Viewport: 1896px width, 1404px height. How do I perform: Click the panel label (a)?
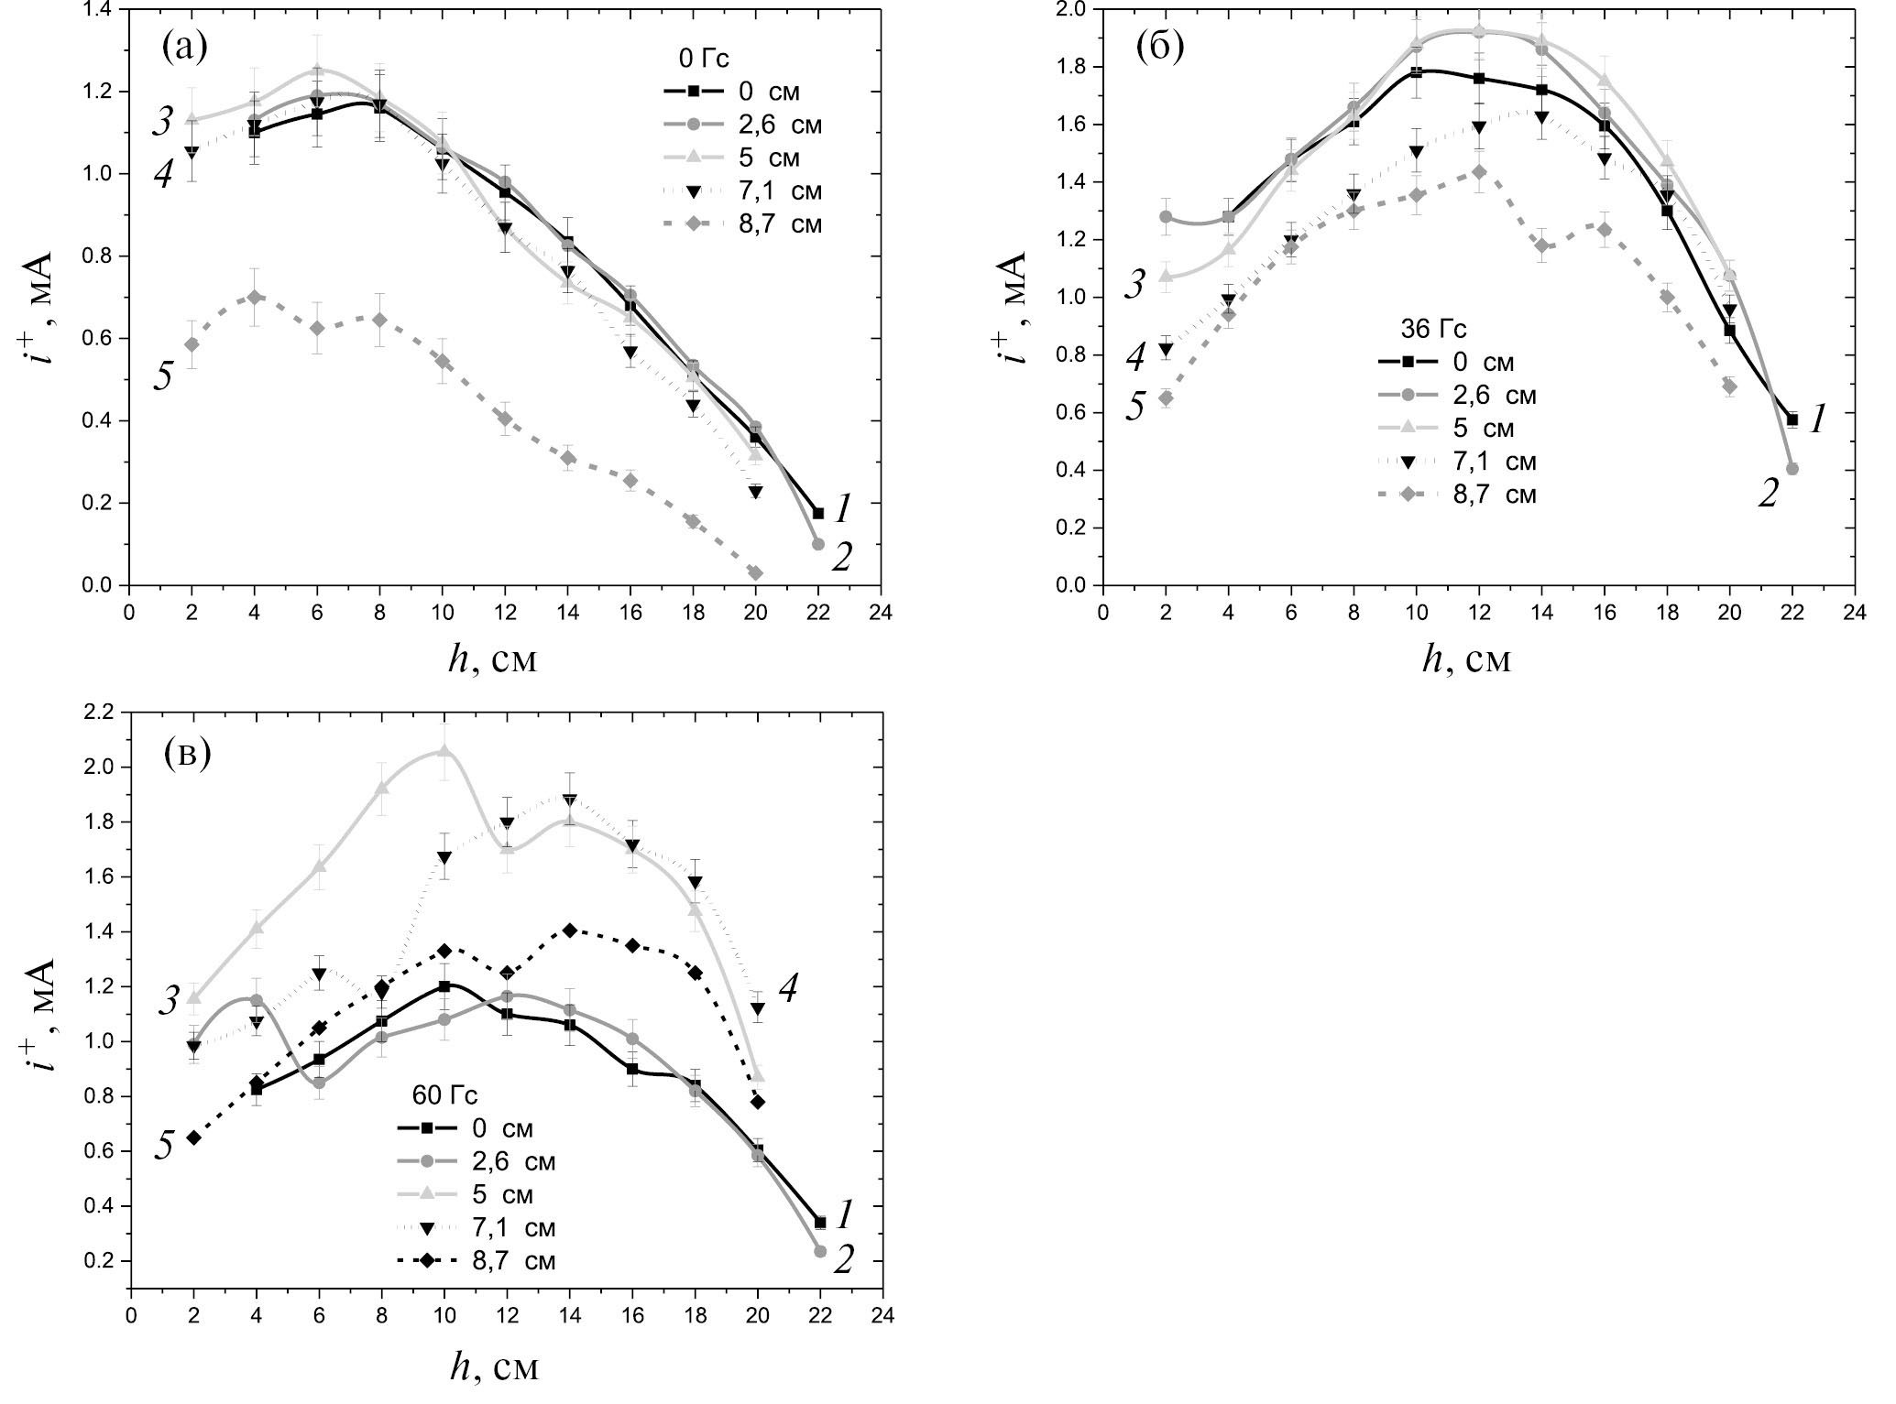point(184,46)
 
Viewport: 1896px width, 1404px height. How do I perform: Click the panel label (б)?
point(1159,46)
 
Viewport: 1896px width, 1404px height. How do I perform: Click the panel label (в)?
point(187,753)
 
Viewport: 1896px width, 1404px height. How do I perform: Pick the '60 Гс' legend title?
point(442,1095)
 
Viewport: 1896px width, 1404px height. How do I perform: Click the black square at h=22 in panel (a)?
point(818,513)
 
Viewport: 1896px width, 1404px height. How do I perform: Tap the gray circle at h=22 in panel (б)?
point(1792,469)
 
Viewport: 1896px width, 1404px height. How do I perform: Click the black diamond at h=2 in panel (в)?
point(193,1137)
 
